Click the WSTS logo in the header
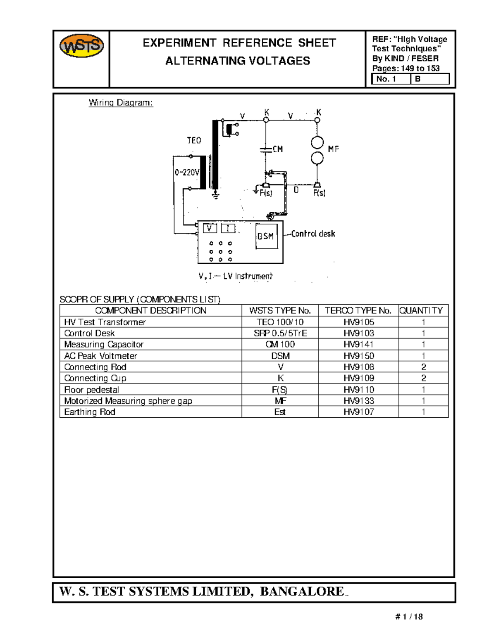point(81,46)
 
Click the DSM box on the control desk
point(266,236)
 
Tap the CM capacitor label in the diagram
point(278,149)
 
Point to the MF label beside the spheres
point(334,149)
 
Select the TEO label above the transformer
point(194,140)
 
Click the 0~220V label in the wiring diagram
point(187,172)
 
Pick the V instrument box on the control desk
point(210,228)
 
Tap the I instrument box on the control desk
point(228,228)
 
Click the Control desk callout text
point(313,234)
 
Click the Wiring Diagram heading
point(121,103)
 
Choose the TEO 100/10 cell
point(280,322)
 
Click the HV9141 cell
point(359,344)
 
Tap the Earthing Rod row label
point(90,412)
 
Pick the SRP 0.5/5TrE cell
point(280,333)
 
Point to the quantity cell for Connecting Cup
point(423,378)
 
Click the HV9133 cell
point(359,401)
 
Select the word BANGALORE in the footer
point(302,591)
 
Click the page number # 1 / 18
point(409,617)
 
